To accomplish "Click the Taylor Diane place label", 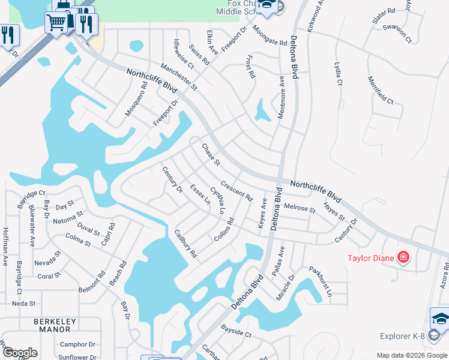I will point(371,259).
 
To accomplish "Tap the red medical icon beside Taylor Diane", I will point(403,258).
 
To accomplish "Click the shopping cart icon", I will point(56,23).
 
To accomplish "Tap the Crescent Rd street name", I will point(237,190).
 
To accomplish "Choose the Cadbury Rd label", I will point(185,243).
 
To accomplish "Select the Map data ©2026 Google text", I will point(411,355).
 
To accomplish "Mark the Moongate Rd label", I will point(270,35).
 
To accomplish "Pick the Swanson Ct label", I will point(397,34).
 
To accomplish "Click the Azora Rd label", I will point(445,275).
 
